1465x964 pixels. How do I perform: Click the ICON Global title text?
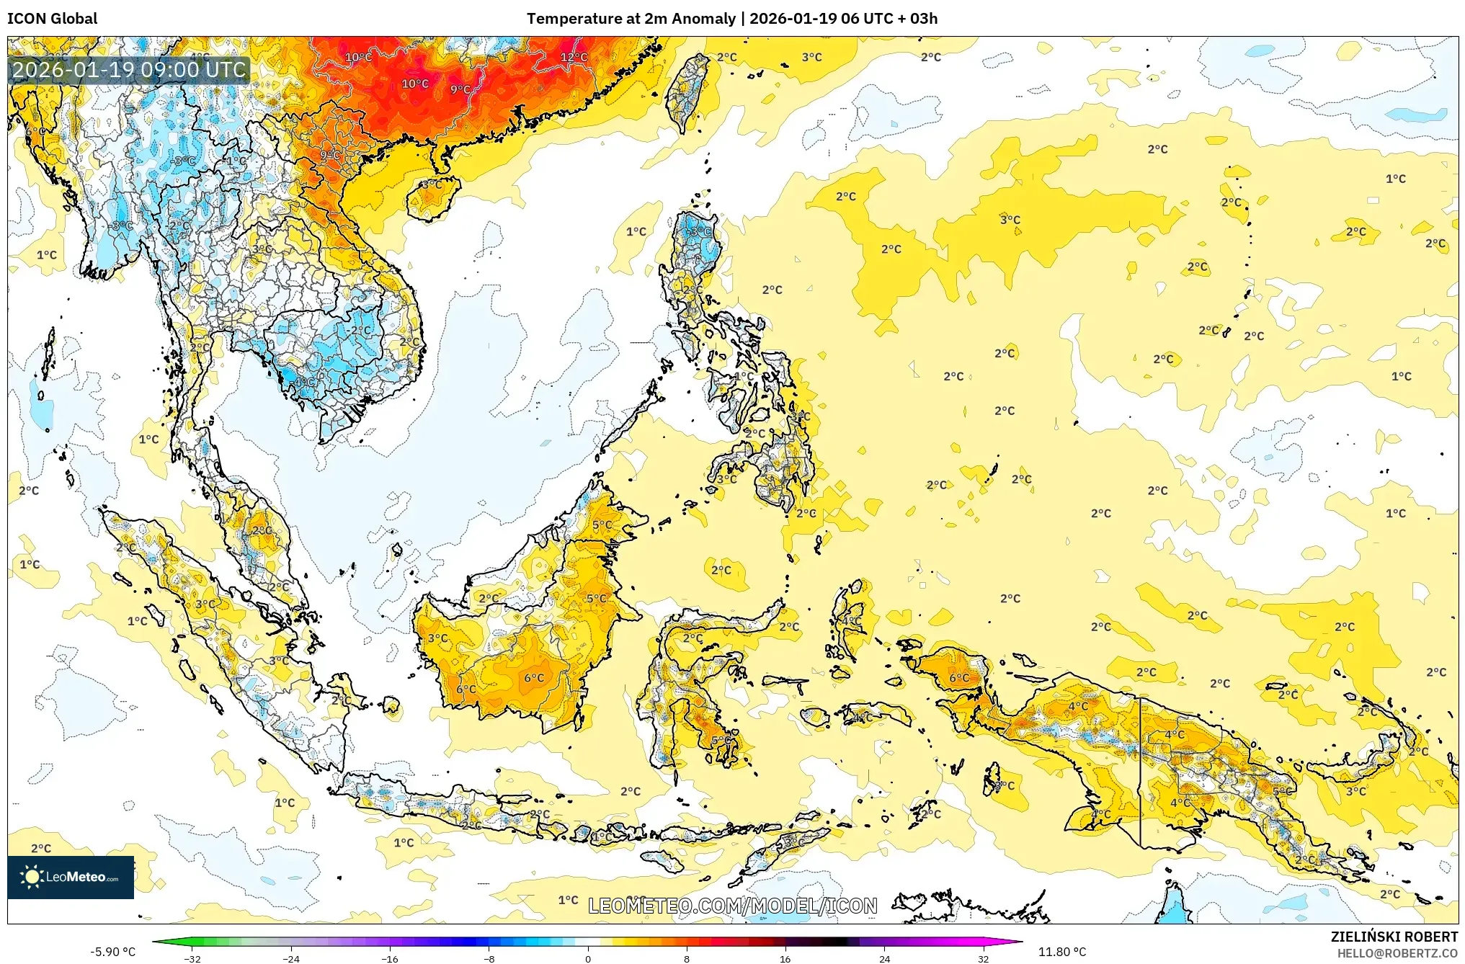(52, 19)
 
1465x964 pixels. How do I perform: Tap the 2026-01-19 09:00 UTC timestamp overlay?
(130, 70)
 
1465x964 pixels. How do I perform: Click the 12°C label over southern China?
(574, 57)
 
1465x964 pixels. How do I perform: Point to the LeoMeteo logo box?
(71, 877)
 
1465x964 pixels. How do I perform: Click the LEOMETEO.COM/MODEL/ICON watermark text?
(732, 906)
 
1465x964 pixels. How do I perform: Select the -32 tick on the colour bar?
(192, 958)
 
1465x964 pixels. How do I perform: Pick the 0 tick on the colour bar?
(587, 958)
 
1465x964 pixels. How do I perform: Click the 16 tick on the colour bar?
(785, 958)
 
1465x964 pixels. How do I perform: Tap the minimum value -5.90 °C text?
(112, 952)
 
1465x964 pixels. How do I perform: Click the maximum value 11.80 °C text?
(1061, 952)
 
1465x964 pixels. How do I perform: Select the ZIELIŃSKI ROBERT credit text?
(1394, 937)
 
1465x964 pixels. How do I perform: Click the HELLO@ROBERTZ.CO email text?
(1397, 953)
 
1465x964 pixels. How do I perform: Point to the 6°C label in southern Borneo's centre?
(534, 678)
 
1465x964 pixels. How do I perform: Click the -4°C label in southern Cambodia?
(304, 381)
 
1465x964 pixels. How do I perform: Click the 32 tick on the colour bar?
(983, 958)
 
